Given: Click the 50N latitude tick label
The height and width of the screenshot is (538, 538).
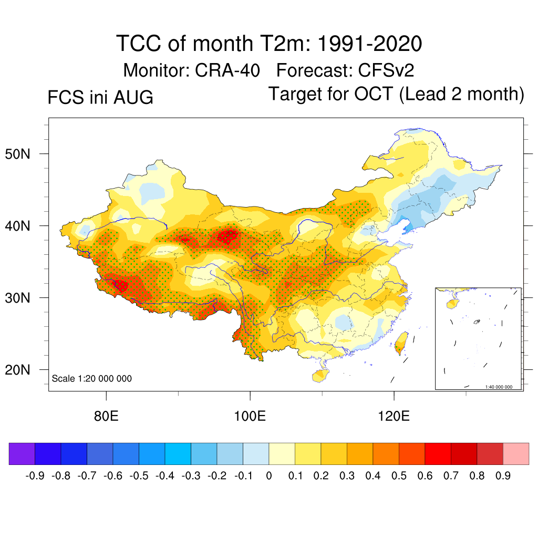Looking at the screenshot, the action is point(17,154).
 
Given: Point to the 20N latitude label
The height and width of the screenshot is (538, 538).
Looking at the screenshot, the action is point(17,370).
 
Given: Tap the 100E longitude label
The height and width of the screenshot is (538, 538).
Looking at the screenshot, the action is point(250,416).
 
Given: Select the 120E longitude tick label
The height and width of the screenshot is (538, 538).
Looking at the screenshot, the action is point(394,416).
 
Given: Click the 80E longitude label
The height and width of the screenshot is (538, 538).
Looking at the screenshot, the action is point(106,416).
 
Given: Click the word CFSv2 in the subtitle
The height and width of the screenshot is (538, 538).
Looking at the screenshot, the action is point(386,70).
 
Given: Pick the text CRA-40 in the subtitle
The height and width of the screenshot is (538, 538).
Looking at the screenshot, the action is point(227,70).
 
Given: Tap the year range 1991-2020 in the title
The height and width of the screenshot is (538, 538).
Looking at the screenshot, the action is point(369,44).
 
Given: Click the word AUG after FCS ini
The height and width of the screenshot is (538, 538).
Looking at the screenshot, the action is point(133,97).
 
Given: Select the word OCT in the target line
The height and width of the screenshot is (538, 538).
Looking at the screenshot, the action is point(374,94).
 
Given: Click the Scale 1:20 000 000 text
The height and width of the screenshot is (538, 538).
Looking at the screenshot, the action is point(91,378).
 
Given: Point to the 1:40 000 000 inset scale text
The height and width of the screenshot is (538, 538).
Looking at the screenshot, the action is point(499,387).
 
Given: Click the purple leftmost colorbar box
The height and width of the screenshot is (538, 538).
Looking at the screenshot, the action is point(22,453).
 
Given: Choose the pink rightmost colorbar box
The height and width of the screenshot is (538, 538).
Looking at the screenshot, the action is point(516,453).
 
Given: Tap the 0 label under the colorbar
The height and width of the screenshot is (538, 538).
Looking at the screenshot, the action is point(269,476).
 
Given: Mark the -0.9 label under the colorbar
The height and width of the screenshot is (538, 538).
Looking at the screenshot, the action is point(35,476).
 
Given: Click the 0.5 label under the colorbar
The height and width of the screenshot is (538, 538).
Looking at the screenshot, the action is point(399,476).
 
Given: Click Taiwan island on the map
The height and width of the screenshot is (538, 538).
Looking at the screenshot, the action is point(401,343).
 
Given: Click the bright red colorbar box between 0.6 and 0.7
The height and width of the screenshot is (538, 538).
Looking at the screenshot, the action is point(438,453).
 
